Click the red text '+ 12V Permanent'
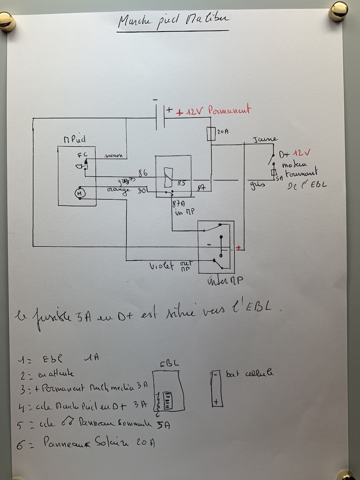pos(213,111)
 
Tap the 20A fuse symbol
pos(212,134)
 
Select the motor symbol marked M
pos(80,193)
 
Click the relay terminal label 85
pos(181,183)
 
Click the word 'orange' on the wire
pos(118,190)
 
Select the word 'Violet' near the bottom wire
pos(162,266)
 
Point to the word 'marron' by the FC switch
pos(114,156)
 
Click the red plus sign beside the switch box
pos(239,248)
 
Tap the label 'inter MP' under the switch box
pos(224,280)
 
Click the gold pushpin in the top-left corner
pos(7,21)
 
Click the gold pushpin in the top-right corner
pos(338,11)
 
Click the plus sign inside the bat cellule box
pos(216,402)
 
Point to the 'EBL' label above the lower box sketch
pos(170,364)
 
